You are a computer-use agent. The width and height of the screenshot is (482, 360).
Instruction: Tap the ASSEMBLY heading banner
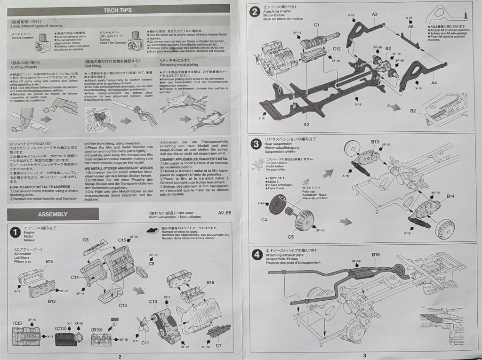pos(53,214)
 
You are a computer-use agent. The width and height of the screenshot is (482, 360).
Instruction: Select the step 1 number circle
pos(16,232)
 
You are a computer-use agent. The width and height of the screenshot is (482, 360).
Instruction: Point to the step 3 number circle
pos(255,143)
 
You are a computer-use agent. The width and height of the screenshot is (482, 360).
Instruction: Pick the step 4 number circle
pos(256,255)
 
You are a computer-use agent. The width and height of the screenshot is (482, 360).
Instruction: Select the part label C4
pos(264,219)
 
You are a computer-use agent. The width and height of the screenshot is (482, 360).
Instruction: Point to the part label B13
pos(375,142)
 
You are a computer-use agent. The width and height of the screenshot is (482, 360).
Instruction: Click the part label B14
pos(450,196)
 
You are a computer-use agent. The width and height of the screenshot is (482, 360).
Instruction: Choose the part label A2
pos(306,124)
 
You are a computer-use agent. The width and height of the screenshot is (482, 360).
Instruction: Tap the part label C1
pos(317,24)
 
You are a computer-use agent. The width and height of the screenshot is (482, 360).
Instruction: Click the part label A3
pos(374,15)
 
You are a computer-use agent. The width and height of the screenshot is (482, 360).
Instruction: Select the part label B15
pos(49,261)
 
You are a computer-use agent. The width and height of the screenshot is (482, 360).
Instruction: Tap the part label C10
pos(153,301)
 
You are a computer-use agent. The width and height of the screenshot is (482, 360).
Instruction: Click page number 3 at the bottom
pos(364,356)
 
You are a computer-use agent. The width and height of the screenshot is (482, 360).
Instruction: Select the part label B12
pos(52,301)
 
